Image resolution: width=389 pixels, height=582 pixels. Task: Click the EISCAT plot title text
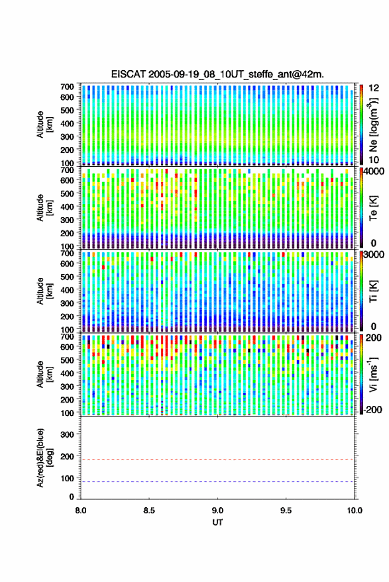217,74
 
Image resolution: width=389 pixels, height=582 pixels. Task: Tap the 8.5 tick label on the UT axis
149,510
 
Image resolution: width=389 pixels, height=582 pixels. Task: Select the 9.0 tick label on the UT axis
217,510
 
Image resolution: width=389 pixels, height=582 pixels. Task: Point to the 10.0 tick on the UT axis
355,510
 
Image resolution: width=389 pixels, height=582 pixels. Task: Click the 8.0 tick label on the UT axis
81,510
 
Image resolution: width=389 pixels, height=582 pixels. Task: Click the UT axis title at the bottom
217,522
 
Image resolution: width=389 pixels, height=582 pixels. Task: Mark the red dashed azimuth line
217,460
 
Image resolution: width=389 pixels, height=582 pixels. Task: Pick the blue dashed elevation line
217,482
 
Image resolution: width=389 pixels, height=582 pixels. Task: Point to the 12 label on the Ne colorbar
374,88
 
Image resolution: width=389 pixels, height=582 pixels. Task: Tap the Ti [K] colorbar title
374,291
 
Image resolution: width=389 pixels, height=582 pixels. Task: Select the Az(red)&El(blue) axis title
44,458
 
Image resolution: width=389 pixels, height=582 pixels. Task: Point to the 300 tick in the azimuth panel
67,434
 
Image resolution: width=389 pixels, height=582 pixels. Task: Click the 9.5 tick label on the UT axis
286,510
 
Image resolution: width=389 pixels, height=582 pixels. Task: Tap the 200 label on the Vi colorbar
374,338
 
